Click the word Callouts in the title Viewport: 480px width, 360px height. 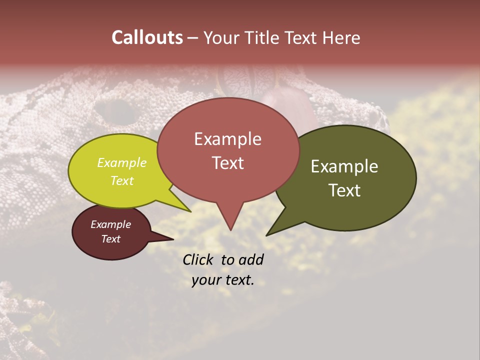coord(147,37)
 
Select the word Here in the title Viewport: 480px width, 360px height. coord(339,37)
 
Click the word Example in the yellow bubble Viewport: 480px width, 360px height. coord(122,163)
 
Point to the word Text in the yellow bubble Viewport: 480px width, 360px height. coord(122,180)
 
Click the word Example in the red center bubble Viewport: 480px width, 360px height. coord(227,139)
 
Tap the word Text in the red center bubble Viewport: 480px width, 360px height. coord(228,163)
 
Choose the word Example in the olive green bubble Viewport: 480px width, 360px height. coord(344,166)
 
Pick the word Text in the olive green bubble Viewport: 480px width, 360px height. coord(345,190)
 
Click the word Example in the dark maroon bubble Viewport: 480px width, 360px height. coord(111,224)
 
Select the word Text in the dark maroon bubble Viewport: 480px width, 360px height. coord(111,239)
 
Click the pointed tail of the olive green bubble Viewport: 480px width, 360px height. coord(268,233)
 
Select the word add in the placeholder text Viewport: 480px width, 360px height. coord(251,259)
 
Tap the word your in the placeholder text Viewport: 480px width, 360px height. coord(206,280)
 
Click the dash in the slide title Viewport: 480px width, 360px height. coord(193,38)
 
